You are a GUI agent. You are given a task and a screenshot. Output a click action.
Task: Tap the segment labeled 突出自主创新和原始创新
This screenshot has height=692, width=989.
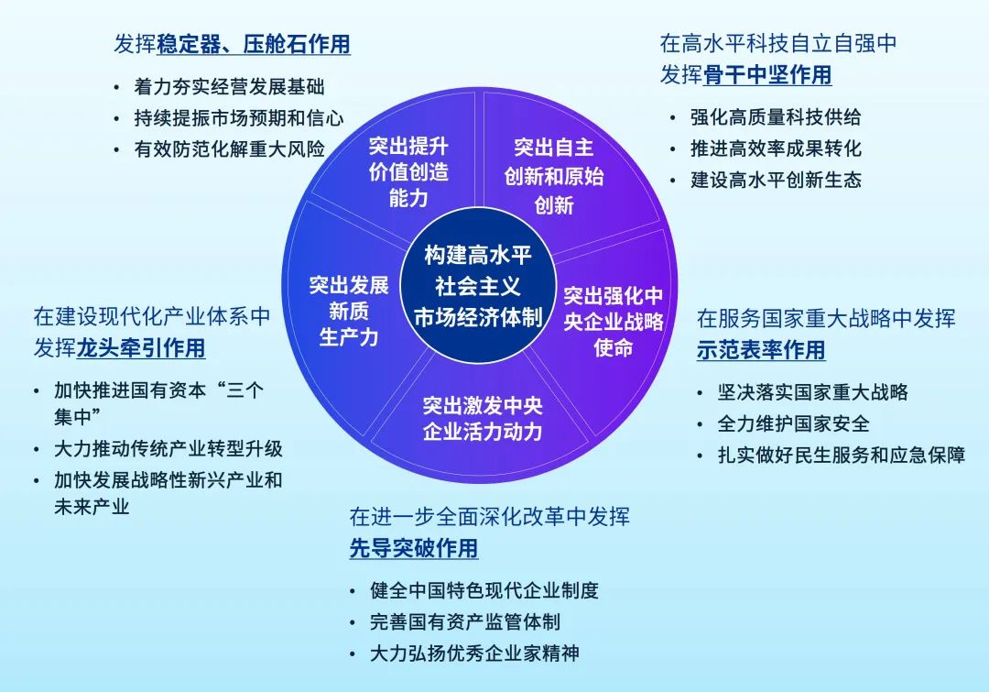pos(553,175)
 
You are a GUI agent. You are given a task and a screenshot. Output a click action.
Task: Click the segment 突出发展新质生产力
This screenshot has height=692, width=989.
pos(349,311)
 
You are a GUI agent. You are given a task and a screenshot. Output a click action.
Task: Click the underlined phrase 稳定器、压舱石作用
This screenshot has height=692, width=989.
pos(254,44)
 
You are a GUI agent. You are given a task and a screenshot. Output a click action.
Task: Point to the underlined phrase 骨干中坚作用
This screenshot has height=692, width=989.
pos(767,74)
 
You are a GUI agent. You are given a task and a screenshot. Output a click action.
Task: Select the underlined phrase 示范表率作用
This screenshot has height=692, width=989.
pos(761,349)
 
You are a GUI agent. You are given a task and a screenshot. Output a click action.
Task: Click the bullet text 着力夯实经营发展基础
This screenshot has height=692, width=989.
pos(229,87)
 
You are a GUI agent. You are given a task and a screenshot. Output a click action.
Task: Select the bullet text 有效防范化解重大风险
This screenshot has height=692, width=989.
pos(229,148)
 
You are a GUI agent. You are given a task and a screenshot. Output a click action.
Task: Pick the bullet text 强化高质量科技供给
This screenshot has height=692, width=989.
pos(776,117)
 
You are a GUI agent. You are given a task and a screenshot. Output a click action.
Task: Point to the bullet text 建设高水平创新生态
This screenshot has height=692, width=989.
pos(776,180)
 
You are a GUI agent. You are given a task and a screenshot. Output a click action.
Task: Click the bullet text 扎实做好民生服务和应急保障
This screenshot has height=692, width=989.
pos(842,455)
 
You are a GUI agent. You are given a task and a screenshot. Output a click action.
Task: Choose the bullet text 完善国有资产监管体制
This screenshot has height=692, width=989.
pos(465,621)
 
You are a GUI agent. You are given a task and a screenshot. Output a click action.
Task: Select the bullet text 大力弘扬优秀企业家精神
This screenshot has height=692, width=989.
pos(474,653)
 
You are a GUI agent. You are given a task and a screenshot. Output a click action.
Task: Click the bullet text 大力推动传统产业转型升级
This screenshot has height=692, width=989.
pos(168,448)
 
